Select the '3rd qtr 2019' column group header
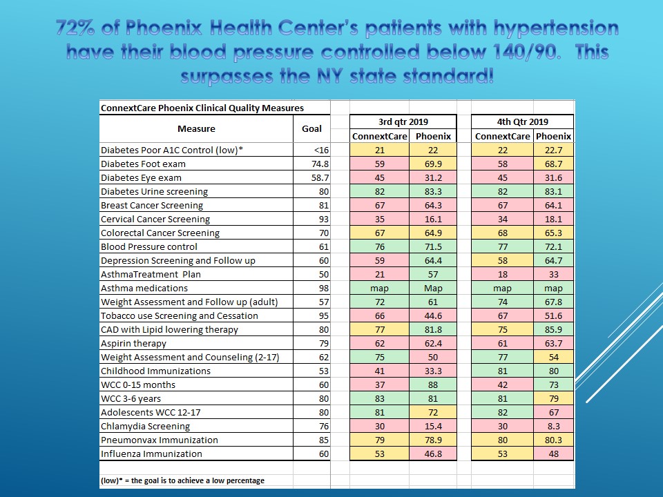tap(403, 121)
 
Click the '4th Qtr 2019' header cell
tap(522, 121)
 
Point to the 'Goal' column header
tap(311, 128)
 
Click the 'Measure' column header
tap(196, 128)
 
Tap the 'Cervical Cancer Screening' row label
tap(155, 219)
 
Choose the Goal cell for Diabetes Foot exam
tap(320, 164)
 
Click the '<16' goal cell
tap(321, 150)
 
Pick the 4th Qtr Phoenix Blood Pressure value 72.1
tap(553, 247)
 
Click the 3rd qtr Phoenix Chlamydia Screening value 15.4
tap(433, 426)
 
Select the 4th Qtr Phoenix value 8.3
tap(553, 426)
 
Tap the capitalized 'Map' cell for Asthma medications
tap(433, 289)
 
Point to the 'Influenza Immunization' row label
tap(151, 454)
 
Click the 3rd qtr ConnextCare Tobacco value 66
tap(380, 315)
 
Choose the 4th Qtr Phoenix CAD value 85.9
tap(553, 330)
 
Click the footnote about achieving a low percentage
tap(182, 480)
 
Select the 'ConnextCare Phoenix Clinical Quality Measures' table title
tap(202, 108)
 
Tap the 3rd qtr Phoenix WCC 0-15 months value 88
tap(433, 384)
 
